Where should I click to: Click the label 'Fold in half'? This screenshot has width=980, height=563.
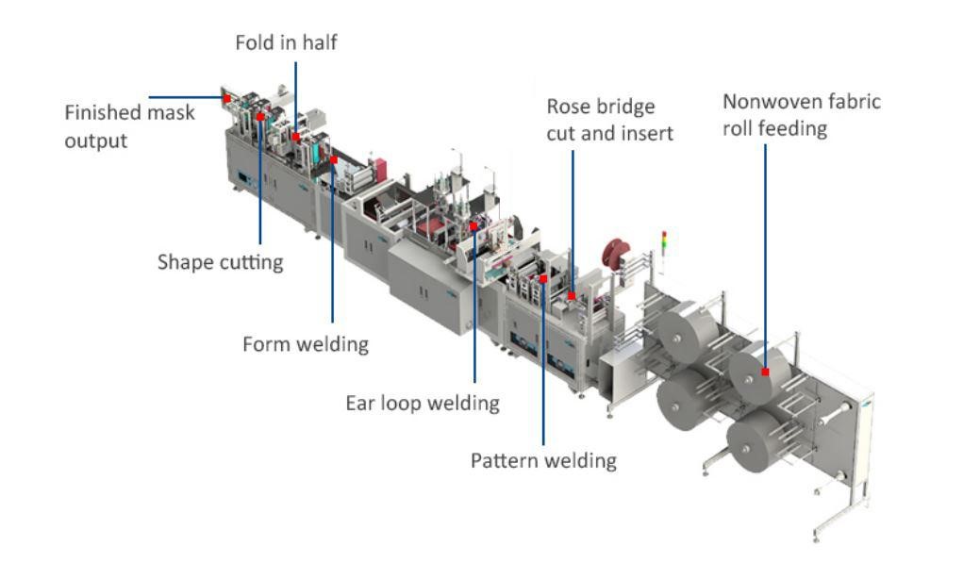286,42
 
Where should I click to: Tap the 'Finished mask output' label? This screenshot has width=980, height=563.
129,126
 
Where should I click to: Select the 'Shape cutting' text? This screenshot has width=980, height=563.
220,261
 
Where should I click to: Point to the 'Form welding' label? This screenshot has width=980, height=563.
305,344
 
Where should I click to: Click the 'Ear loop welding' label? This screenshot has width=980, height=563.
422,404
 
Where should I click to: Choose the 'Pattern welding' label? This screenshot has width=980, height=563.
543,460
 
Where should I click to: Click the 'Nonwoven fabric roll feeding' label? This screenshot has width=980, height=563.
801,114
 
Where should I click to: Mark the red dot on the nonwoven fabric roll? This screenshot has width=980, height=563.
765,372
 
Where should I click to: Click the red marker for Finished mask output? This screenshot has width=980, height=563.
227,97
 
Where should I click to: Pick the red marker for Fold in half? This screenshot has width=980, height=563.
295,137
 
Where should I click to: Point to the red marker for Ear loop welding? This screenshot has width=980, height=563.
473,226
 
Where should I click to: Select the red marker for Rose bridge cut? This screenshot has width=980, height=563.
572,296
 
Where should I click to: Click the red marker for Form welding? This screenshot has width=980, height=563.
334,159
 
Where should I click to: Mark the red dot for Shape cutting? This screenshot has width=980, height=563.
260,116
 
